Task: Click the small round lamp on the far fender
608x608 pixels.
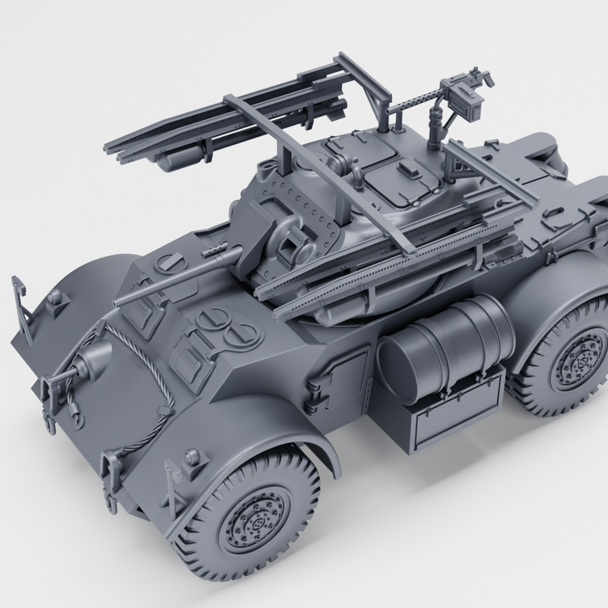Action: pos(55,297)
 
